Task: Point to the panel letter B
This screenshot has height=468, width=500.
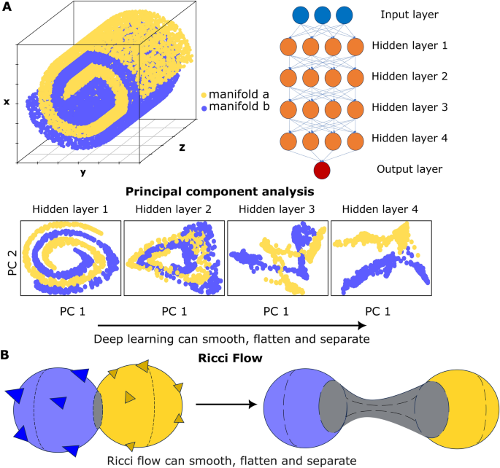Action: coord(7,356)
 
